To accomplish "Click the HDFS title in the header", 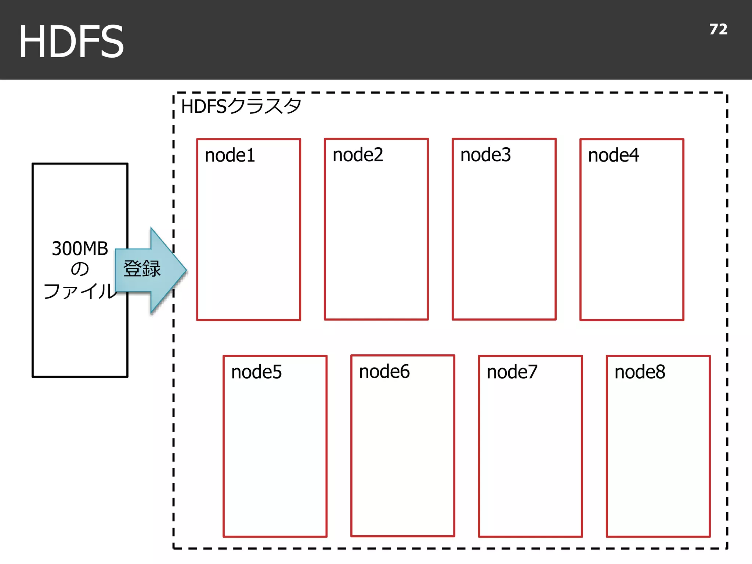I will (x=71, y=41).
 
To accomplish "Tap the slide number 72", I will (x=718, y=29).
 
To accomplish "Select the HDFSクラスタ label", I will (x=241, y=106).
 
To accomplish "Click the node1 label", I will (x=230, y=155).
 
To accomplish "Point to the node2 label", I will (x=358, y=155).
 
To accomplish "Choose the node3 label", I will (x=485, y=155).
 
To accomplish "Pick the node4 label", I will (x=613, y=155).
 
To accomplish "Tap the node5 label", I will (x=256, y=372).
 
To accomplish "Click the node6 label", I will (x=384, y=372).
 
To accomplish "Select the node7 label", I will (x=512, y=372).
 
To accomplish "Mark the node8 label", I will (x=640, y=372).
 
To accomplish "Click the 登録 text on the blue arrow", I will (x=142, y=268).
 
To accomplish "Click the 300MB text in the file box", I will (x=80, y=249).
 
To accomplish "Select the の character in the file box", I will (x=80, y=269).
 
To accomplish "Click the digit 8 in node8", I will (x=660, y=372).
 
